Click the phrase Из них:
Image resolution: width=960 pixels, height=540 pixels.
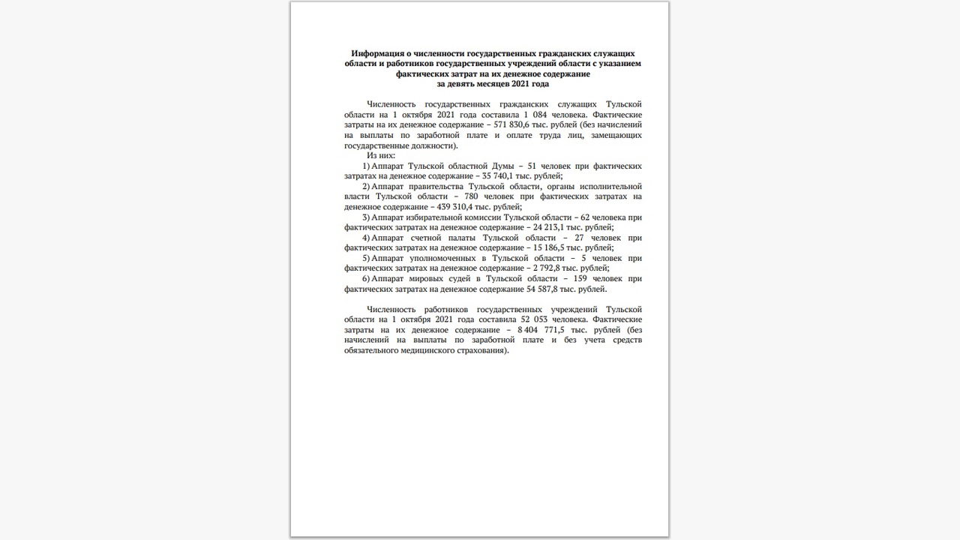(381, 155)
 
